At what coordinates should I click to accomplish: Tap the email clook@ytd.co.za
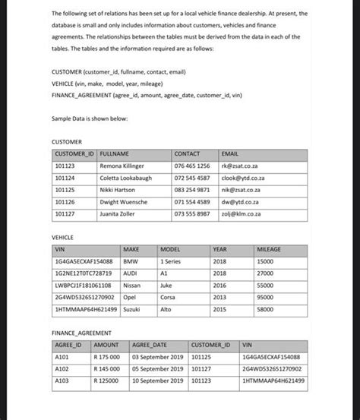click(242, 178)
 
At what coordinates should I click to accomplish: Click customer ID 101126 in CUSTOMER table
click(65, 202)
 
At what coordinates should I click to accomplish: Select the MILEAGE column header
click(269, 249)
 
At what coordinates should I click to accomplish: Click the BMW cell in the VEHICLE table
click(131, 261)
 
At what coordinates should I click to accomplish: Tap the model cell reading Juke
click(166, 286)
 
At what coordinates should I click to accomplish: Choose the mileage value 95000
click(265, 298)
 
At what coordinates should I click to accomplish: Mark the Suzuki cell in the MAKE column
click(132, 310)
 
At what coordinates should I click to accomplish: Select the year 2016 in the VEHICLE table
click(219, 286)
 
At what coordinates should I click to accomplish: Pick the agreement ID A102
click(62, 368)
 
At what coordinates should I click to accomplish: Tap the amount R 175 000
click(107, 356)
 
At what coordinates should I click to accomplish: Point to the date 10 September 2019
click(158, 380)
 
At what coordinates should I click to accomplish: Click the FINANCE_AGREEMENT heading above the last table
click(81, 333)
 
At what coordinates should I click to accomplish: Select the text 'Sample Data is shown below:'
click(90, 119)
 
